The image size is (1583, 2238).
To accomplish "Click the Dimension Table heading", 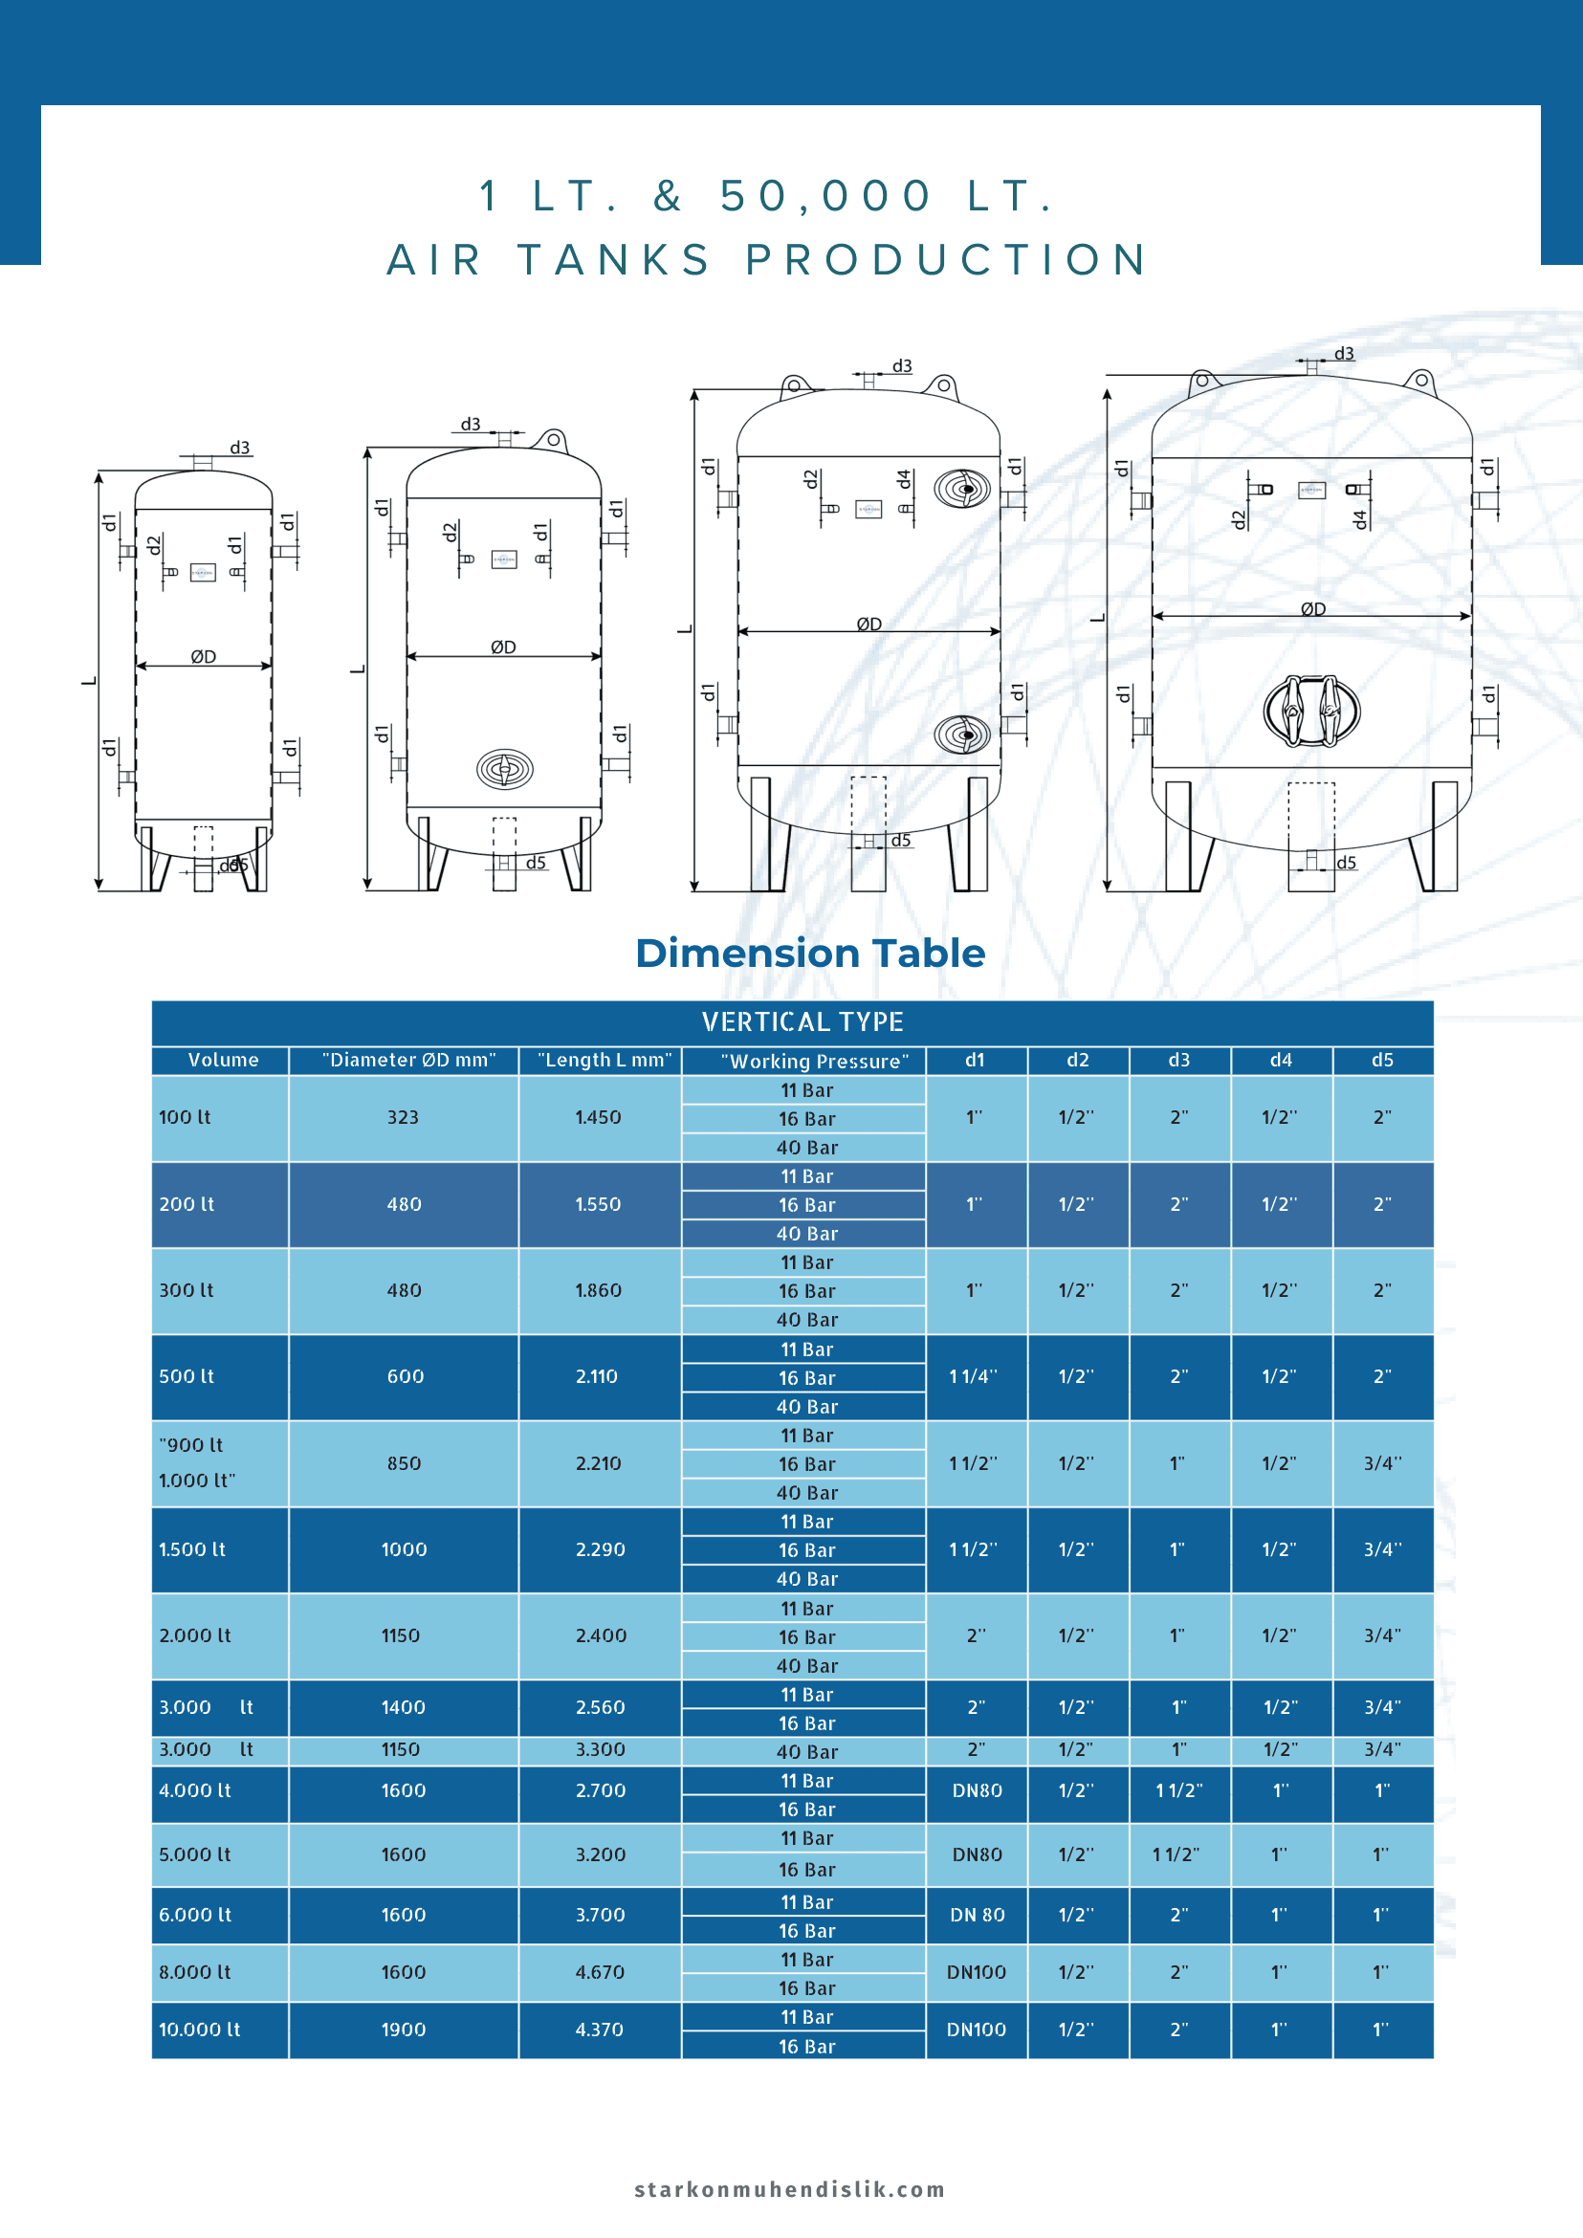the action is coord(810,954).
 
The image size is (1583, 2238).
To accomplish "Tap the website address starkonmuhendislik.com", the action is coord(789,2189).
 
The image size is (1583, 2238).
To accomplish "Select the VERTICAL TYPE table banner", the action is coord(802,1021).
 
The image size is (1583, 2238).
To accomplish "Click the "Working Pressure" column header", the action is coord(815,1061).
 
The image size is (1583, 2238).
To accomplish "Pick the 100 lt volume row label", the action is coord(186,1117).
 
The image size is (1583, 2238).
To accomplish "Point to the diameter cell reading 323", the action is coord(403,1117).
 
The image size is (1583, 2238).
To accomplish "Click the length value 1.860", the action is coord(599,1290).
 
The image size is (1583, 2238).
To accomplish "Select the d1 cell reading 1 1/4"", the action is coord(974,1376).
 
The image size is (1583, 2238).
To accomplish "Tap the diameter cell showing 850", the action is coord(405,1463).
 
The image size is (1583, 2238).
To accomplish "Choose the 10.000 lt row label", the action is coord(200,2030).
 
